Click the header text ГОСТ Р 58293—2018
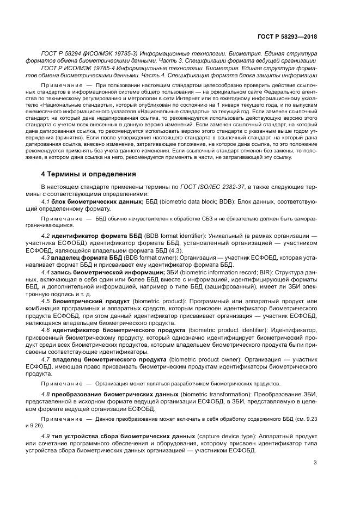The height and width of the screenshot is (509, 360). tap(286, 36)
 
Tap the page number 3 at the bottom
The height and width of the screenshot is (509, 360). tap(315, 463)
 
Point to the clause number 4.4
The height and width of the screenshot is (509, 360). tap(46, 272)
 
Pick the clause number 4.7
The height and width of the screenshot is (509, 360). tap(46, 360)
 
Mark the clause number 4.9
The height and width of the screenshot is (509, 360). tap(46, 437)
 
